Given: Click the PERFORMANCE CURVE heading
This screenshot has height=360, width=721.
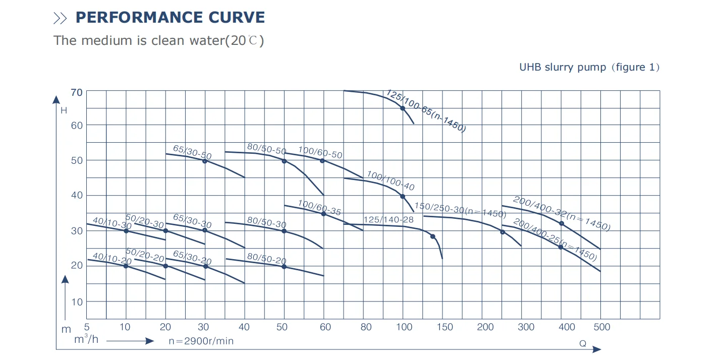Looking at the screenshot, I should [170, 17].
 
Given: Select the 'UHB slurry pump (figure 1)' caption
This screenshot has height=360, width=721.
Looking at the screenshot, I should [589, 67].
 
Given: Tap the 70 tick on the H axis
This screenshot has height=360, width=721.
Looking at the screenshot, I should [77, 93].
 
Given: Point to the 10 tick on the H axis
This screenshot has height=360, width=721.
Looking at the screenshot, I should [77, 302].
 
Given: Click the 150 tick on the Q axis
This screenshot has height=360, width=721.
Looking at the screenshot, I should [445, 327].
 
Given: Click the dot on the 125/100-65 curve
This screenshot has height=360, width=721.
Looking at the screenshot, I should [403, 108].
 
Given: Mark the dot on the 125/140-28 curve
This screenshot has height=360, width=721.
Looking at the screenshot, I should [432, 236].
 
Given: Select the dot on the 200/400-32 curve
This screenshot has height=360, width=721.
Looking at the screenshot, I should [561, 223].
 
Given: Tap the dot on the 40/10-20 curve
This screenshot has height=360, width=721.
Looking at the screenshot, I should [126, 266].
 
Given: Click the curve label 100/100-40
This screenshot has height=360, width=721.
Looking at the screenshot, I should [390, 181].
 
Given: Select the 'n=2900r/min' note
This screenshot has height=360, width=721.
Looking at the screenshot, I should [201, 341].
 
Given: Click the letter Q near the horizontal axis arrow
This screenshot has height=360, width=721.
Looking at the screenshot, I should [582, 343].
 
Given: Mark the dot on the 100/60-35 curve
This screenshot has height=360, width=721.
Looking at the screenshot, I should [323, 214].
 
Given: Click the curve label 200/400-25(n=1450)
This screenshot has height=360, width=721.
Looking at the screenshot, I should [555, 239].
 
